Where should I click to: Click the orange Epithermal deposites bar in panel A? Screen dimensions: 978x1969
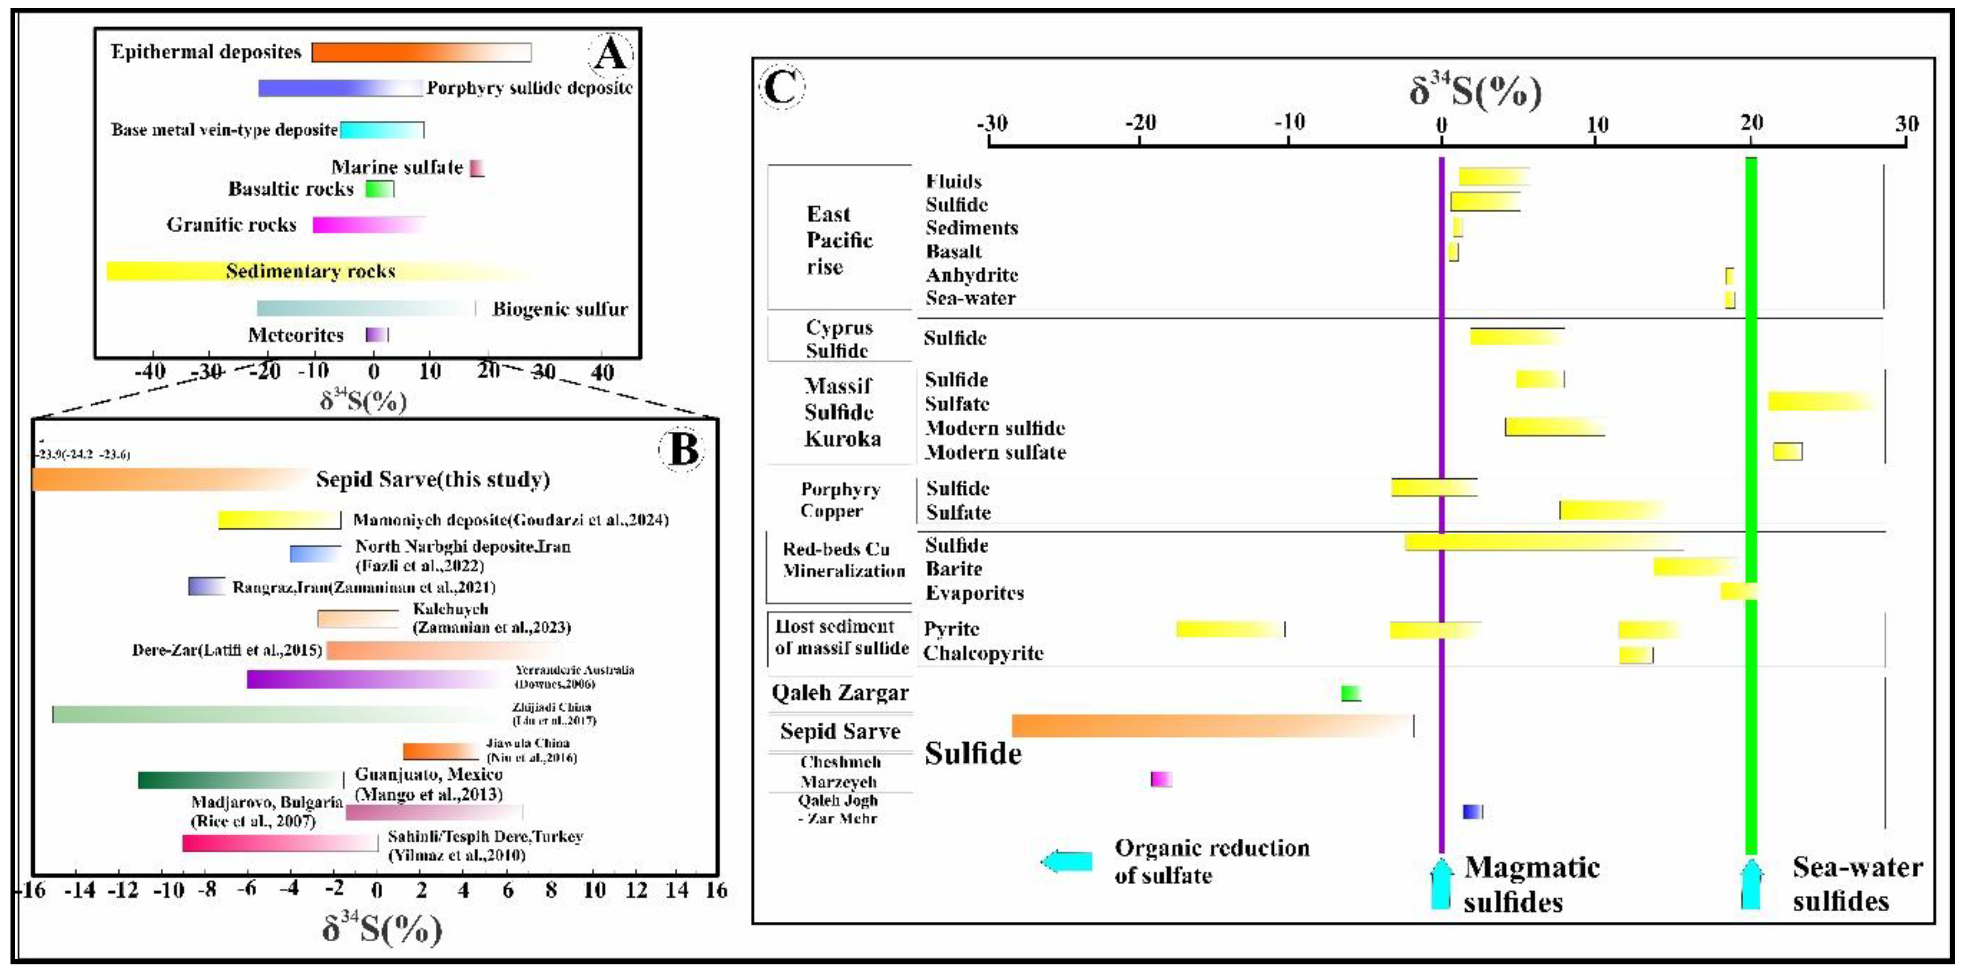[421, 52]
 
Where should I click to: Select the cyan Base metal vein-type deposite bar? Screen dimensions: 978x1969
[381, 130]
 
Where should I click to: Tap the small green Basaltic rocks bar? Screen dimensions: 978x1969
[379, 189]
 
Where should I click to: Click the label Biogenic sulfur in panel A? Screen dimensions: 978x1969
[560, 309]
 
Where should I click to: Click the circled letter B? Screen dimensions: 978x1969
[681, 449]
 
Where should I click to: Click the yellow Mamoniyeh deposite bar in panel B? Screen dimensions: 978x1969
[279, 520]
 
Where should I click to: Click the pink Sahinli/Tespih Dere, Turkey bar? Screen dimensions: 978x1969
[279, 842]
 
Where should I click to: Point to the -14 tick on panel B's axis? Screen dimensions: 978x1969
[79, 891]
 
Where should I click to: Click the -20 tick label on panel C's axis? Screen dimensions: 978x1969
[1140, 122]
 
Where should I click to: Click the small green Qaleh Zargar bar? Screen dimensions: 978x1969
[1350, 693]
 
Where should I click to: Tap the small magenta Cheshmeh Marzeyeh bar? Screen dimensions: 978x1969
[1161, 779]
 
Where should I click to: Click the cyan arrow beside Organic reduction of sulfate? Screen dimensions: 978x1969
[1067, 862]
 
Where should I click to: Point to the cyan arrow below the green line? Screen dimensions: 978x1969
[1751, 884]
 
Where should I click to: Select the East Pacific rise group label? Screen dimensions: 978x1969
[839, 240]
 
